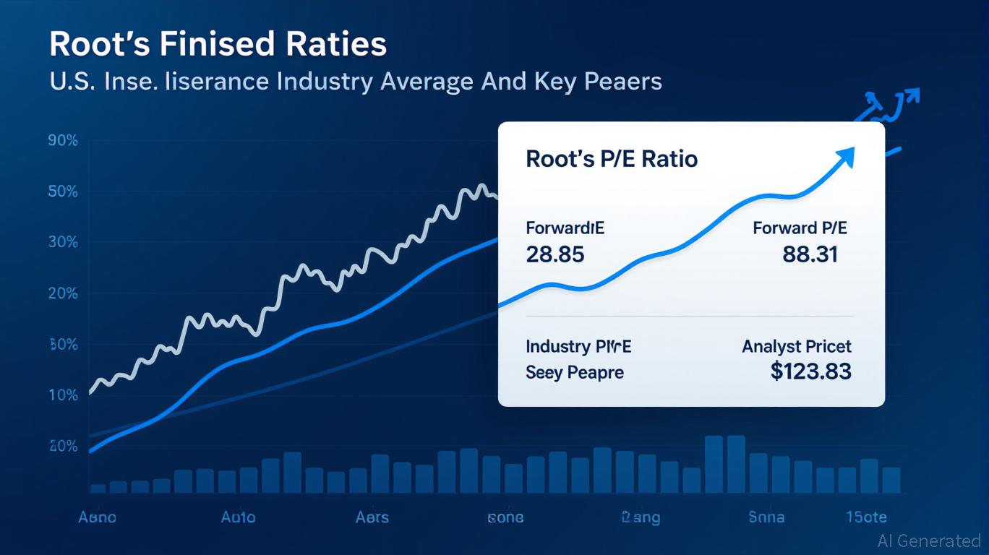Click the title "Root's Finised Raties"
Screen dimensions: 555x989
[x=218, y=44]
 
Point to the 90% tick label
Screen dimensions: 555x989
[x=63, y=141]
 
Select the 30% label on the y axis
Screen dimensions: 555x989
[x=63, y=242]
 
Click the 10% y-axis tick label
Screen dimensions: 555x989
[x=63, y=395]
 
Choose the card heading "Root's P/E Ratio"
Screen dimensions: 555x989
[x=612, y=158]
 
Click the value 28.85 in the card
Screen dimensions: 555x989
[x=555, y=254]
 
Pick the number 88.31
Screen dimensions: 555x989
[x=810, y=254]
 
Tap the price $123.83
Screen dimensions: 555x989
[x=810, y=371]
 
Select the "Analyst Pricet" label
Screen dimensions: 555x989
[x=796, y=347]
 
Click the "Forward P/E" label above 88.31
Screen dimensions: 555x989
[x=800, y=228]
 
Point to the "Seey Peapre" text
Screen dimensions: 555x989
[x=574, y=373]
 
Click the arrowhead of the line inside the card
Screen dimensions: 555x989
[x=847, y=155]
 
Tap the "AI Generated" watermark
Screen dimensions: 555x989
[x=928, y=541]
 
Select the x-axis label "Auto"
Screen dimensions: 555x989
[x=238, y=517]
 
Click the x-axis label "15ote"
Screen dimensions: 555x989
[x=866, y=517]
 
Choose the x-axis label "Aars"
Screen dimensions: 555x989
[x=372, y=517]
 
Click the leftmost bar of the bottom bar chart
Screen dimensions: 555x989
[x=98, y=489]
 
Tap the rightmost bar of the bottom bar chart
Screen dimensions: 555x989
[x=891, y=481]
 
